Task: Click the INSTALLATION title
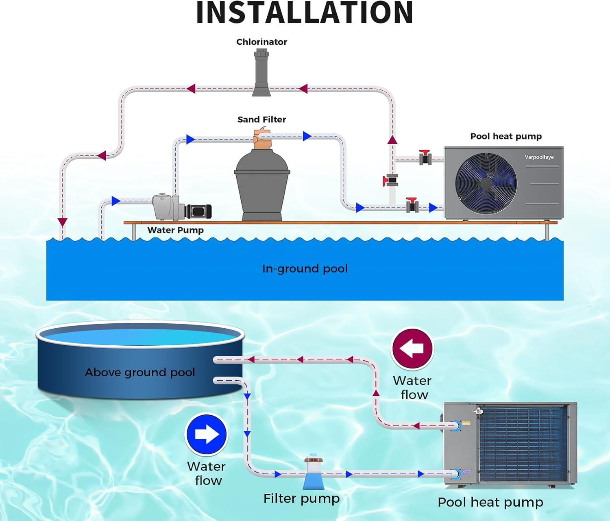[x=305, y=13]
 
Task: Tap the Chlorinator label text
[x=261, y=42]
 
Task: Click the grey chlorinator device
[x=261, y=73]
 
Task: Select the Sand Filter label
[x=261, y=120]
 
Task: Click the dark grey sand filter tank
[x=262, y=183]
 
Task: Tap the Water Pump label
[x=175, y=230]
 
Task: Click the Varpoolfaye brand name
[x=539, y=157]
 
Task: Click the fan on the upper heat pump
[x=486, y=183]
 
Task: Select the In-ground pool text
[x=305, y=269]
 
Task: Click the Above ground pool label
[x=140, y=373]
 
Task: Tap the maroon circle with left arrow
[x=412, y=349]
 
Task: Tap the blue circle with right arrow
[x=207, y=434]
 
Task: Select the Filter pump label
[x=301, y=499]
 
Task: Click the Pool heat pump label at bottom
[x=490, y=502]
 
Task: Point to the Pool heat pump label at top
[x=506, y=136]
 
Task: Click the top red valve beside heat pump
[x=425, y=157]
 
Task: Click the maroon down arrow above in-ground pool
[x=62, y=222]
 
